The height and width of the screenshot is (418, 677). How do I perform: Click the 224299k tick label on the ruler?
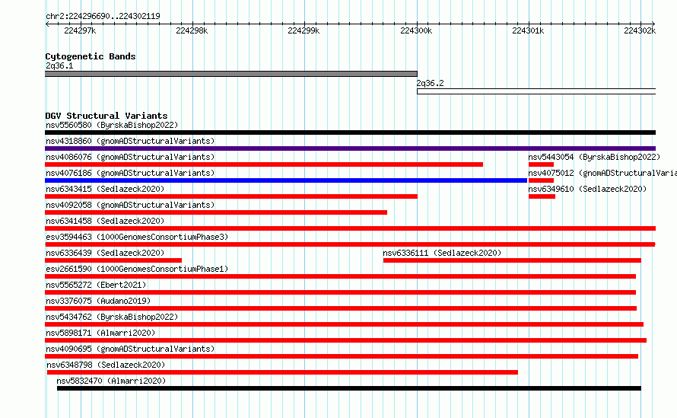coord(304,30)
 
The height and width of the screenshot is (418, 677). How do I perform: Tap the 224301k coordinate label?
coord(528,30)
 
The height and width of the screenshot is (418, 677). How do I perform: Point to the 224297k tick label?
coord(80,30)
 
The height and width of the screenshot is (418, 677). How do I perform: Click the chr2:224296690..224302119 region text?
coord(103,16)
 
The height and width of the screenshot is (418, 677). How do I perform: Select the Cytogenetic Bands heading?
coord(91,56)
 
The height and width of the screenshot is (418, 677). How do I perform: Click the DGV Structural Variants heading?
coord(106,116)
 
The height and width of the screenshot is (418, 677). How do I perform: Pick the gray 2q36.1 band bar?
coord(231,74)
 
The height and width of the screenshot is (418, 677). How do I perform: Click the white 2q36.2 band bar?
coord(536,91)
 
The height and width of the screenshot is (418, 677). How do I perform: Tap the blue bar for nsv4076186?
coord(286,180)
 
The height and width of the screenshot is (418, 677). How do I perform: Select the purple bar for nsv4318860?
coord(350,148)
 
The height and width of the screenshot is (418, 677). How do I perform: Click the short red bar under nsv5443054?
coord(541,164)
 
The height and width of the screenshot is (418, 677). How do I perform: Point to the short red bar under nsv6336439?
coord(113,260)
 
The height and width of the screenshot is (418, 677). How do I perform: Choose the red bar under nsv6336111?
coord(512,260)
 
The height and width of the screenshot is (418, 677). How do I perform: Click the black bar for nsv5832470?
coord(349,388)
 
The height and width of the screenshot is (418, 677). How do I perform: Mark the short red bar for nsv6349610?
coord(542,196)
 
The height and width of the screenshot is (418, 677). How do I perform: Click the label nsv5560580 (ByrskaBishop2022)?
coord(112,125)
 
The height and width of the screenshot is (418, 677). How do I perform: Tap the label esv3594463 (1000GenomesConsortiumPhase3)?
coord(137,237)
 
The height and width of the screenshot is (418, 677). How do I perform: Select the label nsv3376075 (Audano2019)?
coord(98,301)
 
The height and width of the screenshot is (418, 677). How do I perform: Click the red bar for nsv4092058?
coord(216,212)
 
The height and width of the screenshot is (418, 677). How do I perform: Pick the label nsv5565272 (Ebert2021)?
coord(96,285)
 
